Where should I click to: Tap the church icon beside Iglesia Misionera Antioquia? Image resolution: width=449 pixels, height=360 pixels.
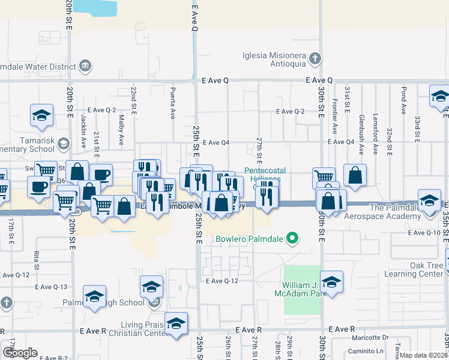(x=314, y=59)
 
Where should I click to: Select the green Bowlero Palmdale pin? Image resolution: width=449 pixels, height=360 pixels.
(x=292, y=239)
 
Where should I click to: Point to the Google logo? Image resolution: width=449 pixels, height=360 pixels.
(x=20, y=353)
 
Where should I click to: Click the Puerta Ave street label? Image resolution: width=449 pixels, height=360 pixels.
(x=173, y=103)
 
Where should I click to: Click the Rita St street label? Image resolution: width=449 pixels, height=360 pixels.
(x=37, y=259)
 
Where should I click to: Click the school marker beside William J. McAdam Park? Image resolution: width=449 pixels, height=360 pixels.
(x=332, y=282)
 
